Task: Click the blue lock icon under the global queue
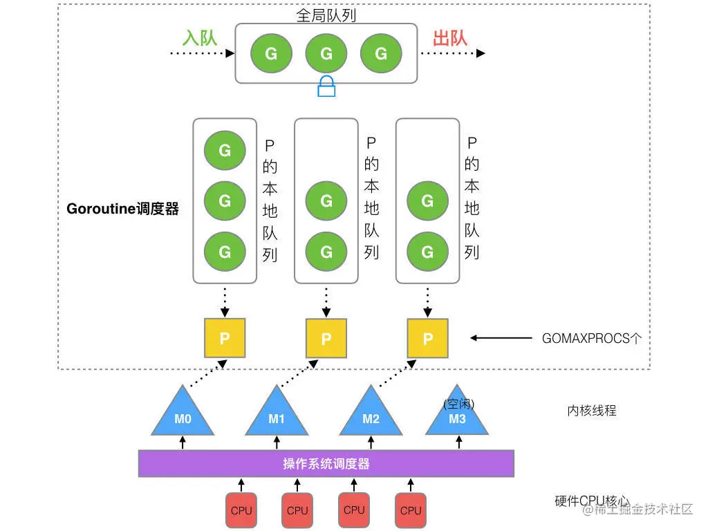(326, 87)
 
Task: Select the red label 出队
(450, 37)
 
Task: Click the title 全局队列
(326, 15)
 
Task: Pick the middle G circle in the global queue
(326, 53)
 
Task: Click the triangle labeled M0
(183, 414)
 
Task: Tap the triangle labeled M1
(277, 414)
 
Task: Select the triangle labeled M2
(371, 414)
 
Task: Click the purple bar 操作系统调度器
(326, 463)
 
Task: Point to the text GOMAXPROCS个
(592, 338)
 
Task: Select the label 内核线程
(591, 410)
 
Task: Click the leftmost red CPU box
(241, 510)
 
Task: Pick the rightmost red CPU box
(410, 510)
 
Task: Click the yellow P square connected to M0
(225, 338)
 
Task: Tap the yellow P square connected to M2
(427, 338)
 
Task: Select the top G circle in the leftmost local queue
(225, 149)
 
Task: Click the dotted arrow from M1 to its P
(301, 373)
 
